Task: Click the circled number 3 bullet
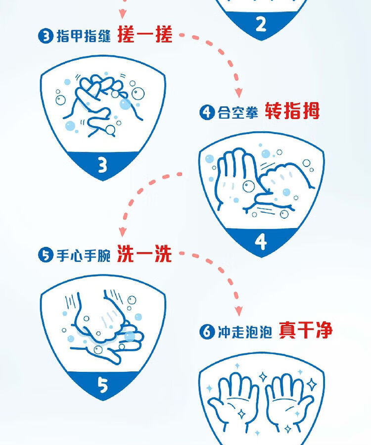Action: coord(46,36)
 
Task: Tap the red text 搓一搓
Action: coord(145,34)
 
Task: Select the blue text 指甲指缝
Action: coord(84,36)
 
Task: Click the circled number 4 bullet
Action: coord(207,112)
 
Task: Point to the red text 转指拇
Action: coord(292,111)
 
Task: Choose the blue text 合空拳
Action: coord(238,112)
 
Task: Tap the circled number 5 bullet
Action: coord(46,254)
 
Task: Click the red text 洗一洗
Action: coord(144,253)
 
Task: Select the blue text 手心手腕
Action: coord(84,254)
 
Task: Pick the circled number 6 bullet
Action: coord(207,331)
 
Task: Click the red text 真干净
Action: coord(306,330)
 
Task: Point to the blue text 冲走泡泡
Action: coord(245,332)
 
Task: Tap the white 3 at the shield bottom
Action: coord(102,165)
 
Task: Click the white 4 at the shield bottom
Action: coord(261,242)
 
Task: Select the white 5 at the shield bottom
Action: coord(102,385)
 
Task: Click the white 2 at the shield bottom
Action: coord(261,24)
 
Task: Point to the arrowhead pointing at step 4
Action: coord(239,93)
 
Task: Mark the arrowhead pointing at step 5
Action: coord(123,232)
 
